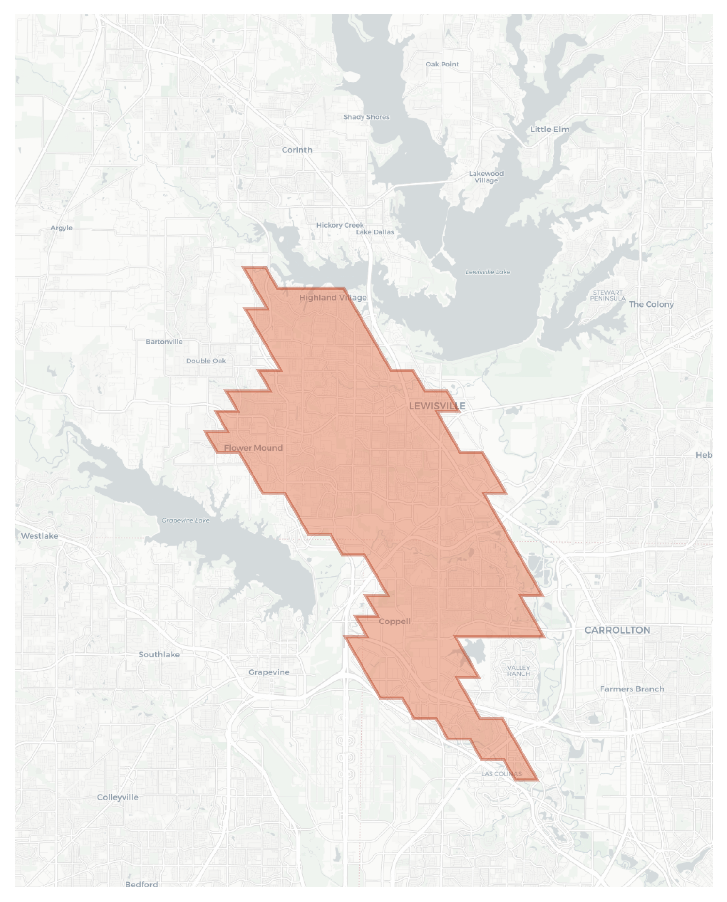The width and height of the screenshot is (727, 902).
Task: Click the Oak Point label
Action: pos(442,64)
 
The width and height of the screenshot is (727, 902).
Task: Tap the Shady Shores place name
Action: pos(366,117)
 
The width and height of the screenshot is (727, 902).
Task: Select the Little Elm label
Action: pos(549,129)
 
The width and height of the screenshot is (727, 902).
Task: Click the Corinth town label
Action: pos(297,150)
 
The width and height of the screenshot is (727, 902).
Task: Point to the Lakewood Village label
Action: pos(486,177)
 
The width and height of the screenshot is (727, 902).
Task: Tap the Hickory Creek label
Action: pos(340,225)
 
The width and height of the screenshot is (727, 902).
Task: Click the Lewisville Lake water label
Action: pos(488,272)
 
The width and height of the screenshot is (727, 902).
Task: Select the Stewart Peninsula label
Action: pos(607,295)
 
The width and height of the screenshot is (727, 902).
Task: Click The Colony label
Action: pos(651,304)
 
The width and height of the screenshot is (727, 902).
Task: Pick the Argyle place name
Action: pos(62,228)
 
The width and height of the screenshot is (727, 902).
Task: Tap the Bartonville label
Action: pos(164,342)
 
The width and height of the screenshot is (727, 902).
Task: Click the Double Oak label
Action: pos(206,361)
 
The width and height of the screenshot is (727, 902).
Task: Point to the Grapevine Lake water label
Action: pos(186,520)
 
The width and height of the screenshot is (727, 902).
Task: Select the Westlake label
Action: pos(39,536)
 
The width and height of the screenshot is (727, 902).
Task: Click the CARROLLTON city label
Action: pos(617,630)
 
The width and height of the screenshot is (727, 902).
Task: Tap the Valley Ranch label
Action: pos(518,671)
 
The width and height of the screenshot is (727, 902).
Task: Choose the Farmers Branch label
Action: pos(632,689)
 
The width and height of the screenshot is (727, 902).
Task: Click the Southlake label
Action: pos(159,654)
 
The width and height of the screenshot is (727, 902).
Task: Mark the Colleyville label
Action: pos(117,797)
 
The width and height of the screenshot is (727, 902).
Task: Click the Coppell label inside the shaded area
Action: pos(394,621)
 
